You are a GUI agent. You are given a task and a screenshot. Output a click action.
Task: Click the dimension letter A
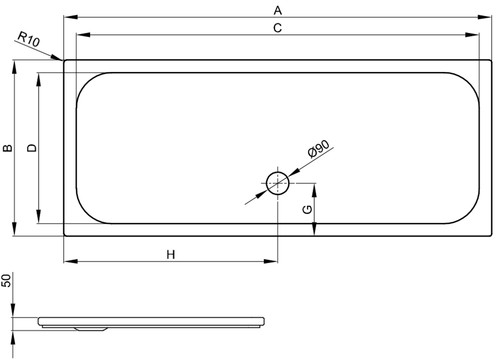pyautogui.click(x=278, y=10)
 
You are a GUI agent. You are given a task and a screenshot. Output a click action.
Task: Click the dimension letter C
pyautogui.click(x=278, y=28)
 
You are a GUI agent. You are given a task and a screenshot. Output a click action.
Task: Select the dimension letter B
pyautogui.click(x=8, y=148)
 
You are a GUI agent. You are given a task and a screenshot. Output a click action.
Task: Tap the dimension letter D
pyautogui.click(x=32, y=148)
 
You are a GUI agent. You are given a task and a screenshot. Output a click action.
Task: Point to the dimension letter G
pyautogui.click(x=307, y=209)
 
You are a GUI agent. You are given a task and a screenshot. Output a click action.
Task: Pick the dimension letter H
pyautogui.click(x=171, y=255)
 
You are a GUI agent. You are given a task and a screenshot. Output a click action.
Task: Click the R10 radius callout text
pyautogui.click(x=29, y=39)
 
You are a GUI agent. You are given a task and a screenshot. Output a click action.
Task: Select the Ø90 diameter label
pyautogui.click(x=319, y=148)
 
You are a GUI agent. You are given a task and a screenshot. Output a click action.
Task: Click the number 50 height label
pyautogui.click(x=6, y=280)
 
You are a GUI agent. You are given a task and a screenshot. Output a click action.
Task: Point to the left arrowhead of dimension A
pyautogui.click(x=71, y=17)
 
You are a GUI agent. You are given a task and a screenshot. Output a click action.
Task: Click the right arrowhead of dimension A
pyautogui.click(x=484, y=17)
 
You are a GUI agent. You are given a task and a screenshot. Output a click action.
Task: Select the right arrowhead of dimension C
pyautogui.click(x=472, y=35)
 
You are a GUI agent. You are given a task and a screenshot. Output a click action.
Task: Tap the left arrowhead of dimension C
pyautogui.click(x=83, y=35)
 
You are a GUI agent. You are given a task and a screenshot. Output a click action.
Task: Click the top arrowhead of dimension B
pyautogui.click(x=14, y=67)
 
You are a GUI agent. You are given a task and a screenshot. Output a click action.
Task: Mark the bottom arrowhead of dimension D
pyautogui.click(x=38, y=216)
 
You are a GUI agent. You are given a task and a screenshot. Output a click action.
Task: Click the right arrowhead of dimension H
pyautogui.click(x=270, y=261)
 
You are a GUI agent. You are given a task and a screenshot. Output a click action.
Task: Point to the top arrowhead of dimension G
pyautogui.click(x=314, y=190)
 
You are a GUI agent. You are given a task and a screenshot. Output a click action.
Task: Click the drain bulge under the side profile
pyautogui.click(x=91, y=329)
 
